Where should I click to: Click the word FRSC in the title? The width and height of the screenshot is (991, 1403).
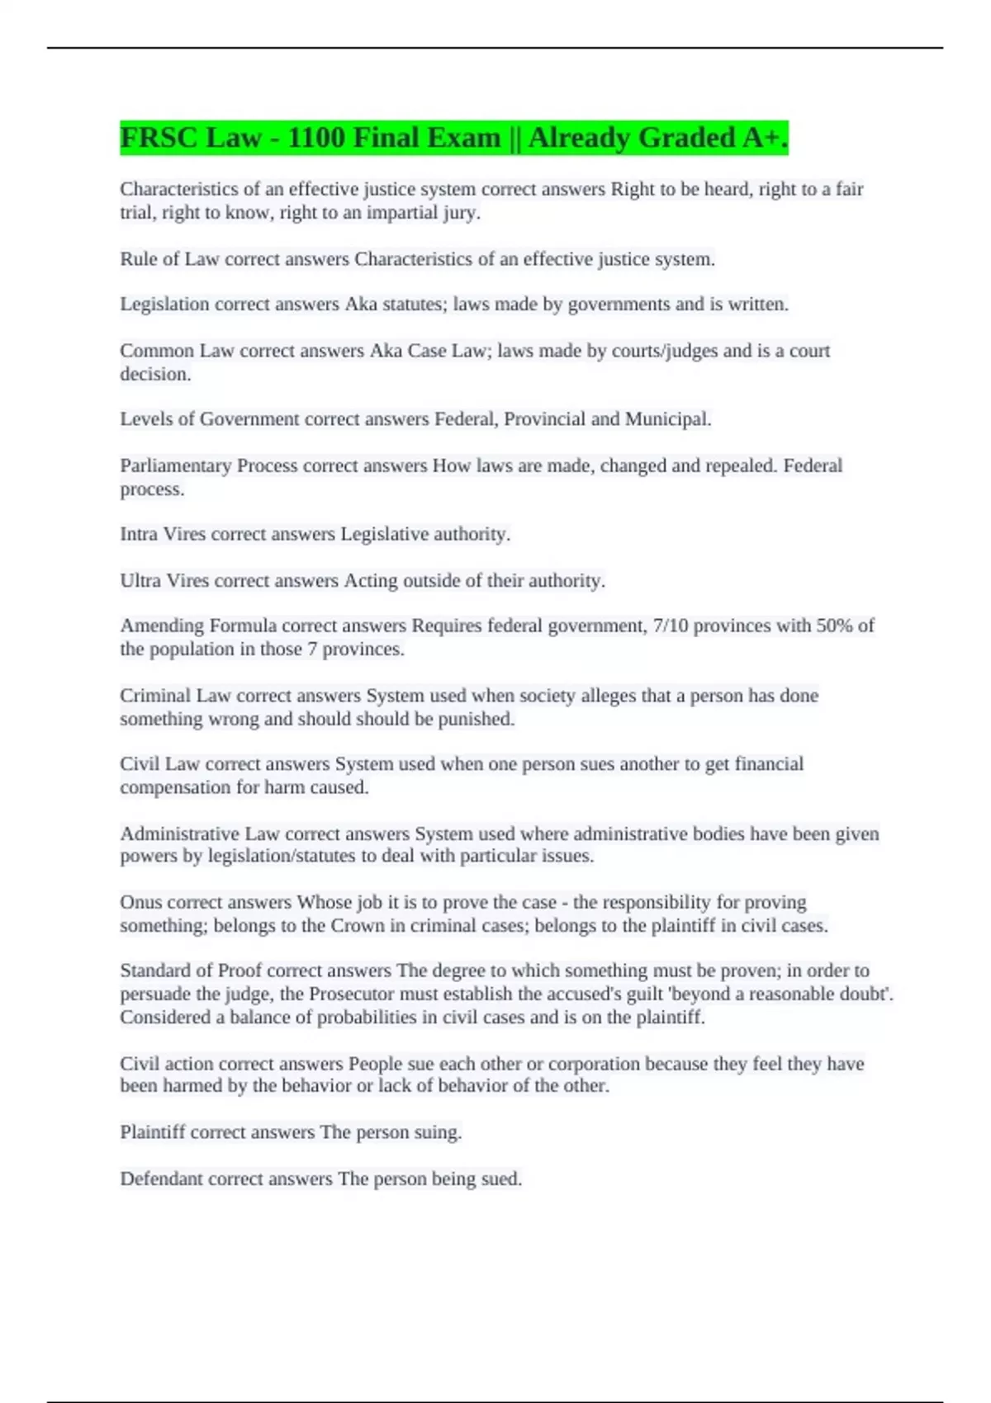click(159, 138)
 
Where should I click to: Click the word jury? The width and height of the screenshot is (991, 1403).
click(462, 213)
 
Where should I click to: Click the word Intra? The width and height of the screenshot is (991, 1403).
click(139, 534)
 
